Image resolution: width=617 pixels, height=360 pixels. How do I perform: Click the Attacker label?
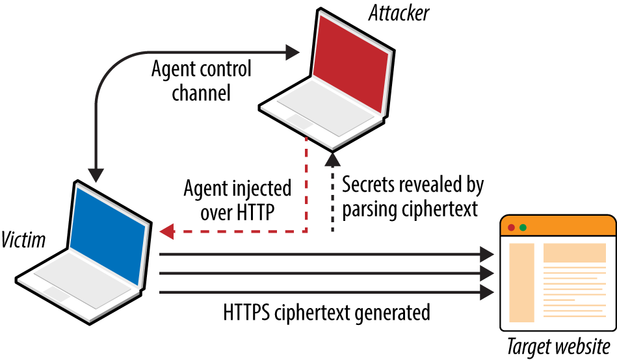400,13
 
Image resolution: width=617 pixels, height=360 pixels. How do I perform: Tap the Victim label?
23,240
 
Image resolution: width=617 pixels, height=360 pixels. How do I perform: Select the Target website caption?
558,345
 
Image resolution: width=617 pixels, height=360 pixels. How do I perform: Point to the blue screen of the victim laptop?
107,233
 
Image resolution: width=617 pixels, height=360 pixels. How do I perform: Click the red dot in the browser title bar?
511,227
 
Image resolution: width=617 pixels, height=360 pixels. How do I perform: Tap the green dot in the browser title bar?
523,227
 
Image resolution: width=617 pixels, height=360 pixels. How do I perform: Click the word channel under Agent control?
201,92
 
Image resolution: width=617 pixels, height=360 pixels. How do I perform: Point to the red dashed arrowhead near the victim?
166,231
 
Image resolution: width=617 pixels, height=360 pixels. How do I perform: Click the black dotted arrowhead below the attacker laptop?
332,158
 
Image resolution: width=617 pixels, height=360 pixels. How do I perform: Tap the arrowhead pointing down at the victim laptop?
96,174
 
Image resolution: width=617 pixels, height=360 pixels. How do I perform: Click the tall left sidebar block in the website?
521,283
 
